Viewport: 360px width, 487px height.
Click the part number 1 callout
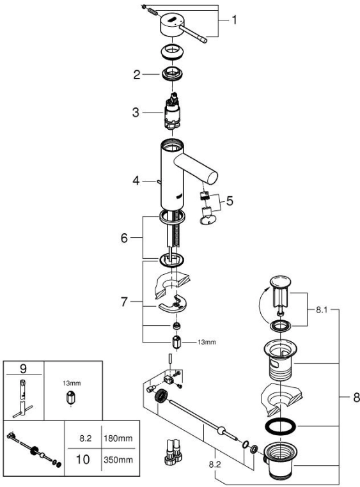tap(234, 20)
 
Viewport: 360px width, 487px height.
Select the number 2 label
tap(137, 75)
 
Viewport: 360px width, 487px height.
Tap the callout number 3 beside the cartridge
tap(136, 112)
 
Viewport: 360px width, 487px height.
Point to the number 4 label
tap(136, 180)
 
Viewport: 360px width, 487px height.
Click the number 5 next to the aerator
tap(230, 201)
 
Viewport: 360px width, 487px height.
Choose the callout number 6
tap(124, 238)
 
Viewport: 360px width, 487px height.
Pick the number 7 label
tap(124, 302)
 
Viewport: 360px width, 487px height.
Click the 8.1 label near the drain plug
tap(322, 310)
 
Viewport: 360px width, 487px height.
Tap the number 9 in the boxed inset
tap(23, 369)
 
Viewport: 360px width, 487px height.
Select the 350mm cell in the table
tap(118, 460)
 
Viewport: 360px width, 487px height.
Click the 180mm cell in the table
tap(118, 438)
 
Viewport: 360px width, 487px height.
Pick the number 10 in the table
tap(82, 460)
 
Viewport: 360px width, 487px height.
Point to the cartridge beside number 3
tap(172, 112)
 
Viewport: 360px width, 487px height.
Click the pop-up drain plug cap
tap(281, 281)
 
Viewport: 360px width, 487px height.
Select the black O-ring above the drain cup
tap(280, 426)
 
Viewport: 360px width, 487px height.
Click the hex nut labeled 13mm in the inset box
tap(71, 398)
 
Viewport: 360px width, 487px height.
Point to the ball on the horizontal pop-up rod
tap(221, 431)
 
